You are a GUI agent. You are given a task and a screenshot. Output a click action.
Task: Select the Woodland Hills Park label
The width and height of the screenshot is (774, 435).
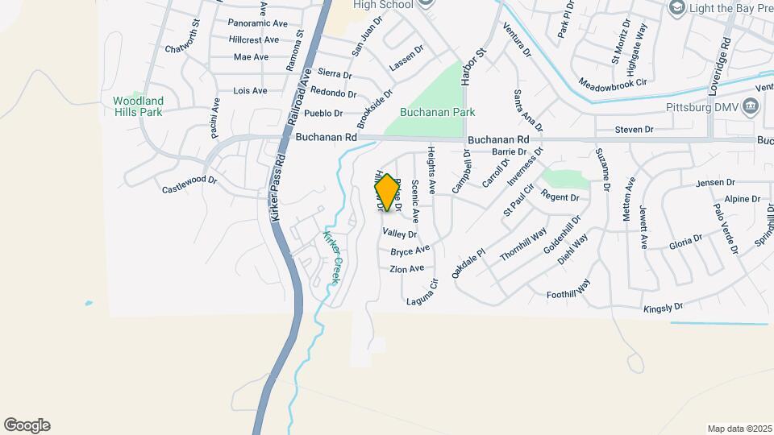pyautogui.click(x=138, y=106)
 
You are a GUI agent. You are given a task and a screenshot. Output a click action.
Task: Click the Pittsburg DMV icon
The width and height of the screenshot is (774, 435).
pyautogui.click(x=751, y=106)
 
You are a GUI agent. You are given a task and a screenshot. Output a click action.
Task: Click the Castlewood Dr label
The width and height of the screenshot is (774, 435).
pyautogui.click(x=190, y=184)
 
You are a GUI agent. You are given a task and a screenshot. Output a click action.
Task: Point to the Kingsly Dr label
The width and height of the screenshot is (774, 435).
pyautogui.click(x=663, y=308)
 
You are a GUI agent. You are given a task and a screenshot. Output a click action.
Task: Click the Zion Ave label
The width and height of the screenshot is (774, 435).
pyautogui.click(x=406, y=269)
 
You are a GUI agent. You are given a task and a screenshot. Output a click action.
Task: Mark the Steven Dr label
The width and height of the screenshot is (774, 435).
pyautogui.click(x=634, y=129)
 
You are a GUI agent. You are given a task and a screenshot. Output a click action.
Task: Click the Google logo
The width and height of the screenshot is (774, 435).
pyautogui.click(x=27, y=425)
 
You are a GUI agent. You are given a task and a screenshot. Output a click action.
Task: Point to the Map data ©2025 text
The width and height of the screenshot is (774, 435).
pyautogui.click(x=739, y=429)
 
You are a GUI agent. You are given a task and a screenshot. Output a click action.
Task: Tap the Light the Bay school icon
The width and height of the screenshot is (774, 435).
pyautogui.click(x=677, y=7)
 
